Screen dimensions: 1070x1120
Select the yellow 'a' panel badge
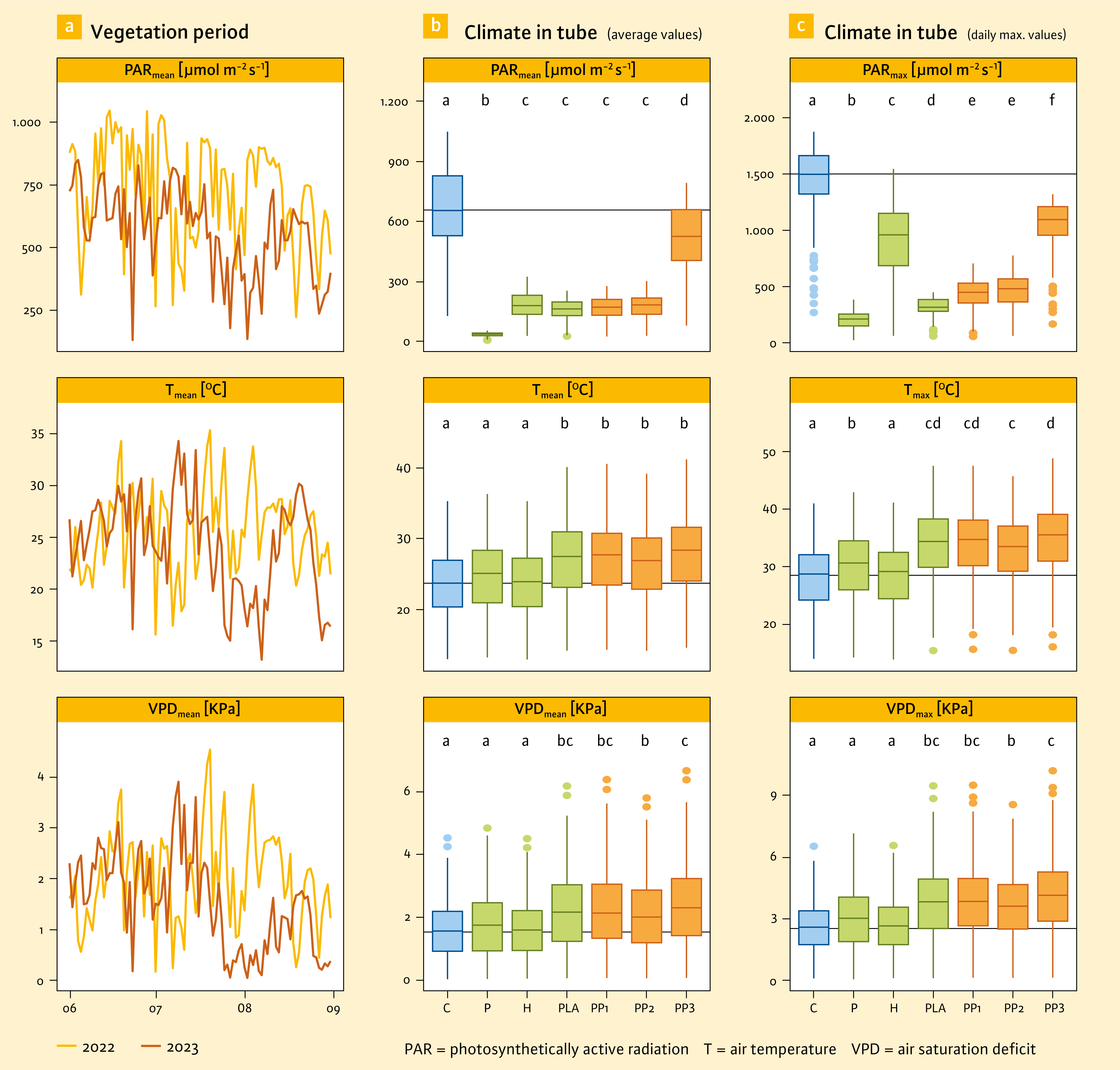click(69, 27)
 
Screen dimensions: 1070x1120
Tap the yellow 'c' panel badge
click(801, 26)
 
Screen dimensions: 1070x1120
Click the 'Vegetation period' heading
click(169, 32)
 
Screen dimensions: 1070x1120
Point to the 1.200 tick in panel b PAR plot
click(394, 102)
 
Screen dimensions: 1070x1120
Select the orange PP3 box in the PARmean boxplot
click(686, 235)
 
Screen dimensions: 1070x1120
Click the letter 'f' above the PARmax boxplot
click(1052, 100)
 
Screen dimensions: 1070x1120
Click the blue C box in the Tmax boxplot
click(814, 577)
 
